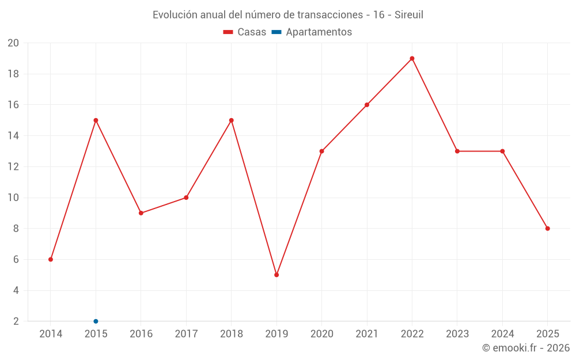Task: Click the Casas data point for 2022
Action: tap(412, 58)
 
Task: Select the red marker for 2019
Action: tap(276, 275)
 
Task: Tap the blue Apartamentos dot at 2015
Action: tap(96, 321)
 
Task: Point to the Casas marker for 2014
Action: tap(51, 259)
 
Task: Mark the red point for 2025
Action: tap(548, 229)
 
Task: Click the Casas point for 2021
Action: tap(367, 105)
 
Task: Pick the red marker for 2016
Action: tap(141, 213)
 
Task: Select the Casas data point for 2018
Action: tap(231, 120)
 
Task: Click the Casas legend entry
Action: tap(245, 32)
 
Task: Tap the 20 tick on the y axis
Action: tap(13, 43)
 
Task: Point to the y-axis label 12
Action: tap(13, 167)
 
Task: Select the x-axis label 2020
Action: tap(321, 334)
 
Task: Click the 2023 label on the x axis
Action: tap(457, 334)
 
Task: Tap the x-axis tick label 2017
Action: tap(186, 334)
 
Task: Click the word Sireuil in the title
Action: tap(408, 15)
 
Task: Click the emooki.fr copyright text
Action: tap(526, 348)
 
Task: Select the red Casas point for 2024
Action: tap(502, 151)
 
